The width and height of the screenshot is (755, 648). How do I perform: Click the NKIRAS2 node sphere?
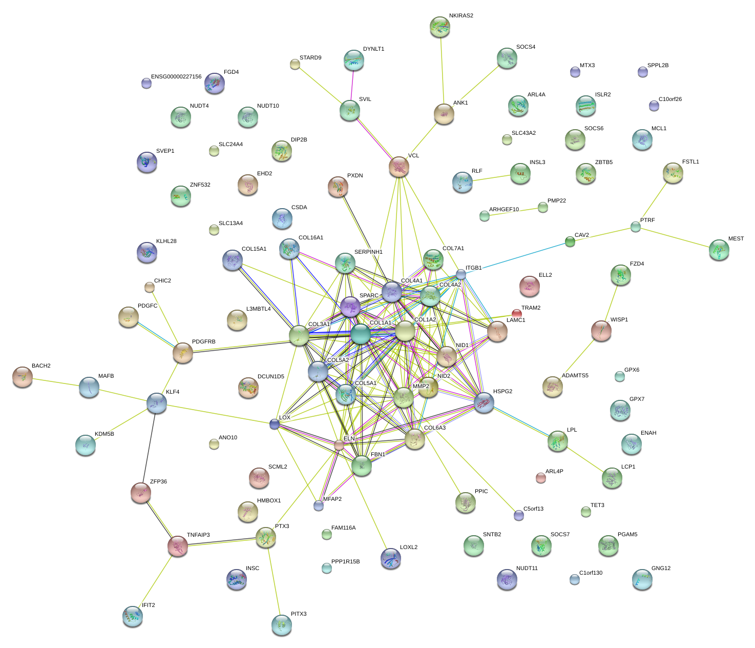point(439,27)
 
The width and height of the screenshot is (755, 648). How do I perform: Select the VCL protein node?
point(399,167)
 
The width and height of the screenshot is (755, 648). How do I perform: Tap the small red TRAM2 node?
point(517,313)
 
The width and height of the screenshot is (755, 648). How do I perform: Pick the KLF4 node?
point(157,403)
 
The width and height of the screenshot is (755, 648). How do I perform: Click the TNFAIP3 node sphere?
point(178,546)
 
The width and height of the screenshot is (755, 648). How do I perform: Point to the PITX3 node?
point(281,624)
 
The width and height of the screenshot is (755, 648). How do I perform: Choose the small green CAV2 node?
point(570,241)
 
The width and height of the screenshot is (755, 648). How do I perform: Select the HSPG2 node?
point(484,402)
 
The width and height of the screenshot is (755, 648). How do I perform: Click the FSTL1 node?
point(673,173)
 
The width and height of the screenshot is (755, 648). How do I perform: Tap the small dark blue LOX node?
point(275,424)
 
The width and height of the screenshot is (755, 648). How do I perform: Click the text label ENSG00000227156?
point(176,77)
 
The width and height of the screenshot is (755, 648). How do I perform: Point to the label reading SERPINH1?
point(368,252)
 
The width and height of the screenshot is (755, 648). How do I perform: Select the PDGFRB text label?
point(203,342)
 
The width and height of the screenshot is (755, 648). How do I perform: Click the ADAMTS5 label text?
point(575,376)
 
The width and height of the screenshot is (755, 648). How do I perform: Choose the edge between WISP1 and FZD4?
point(611,303)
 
